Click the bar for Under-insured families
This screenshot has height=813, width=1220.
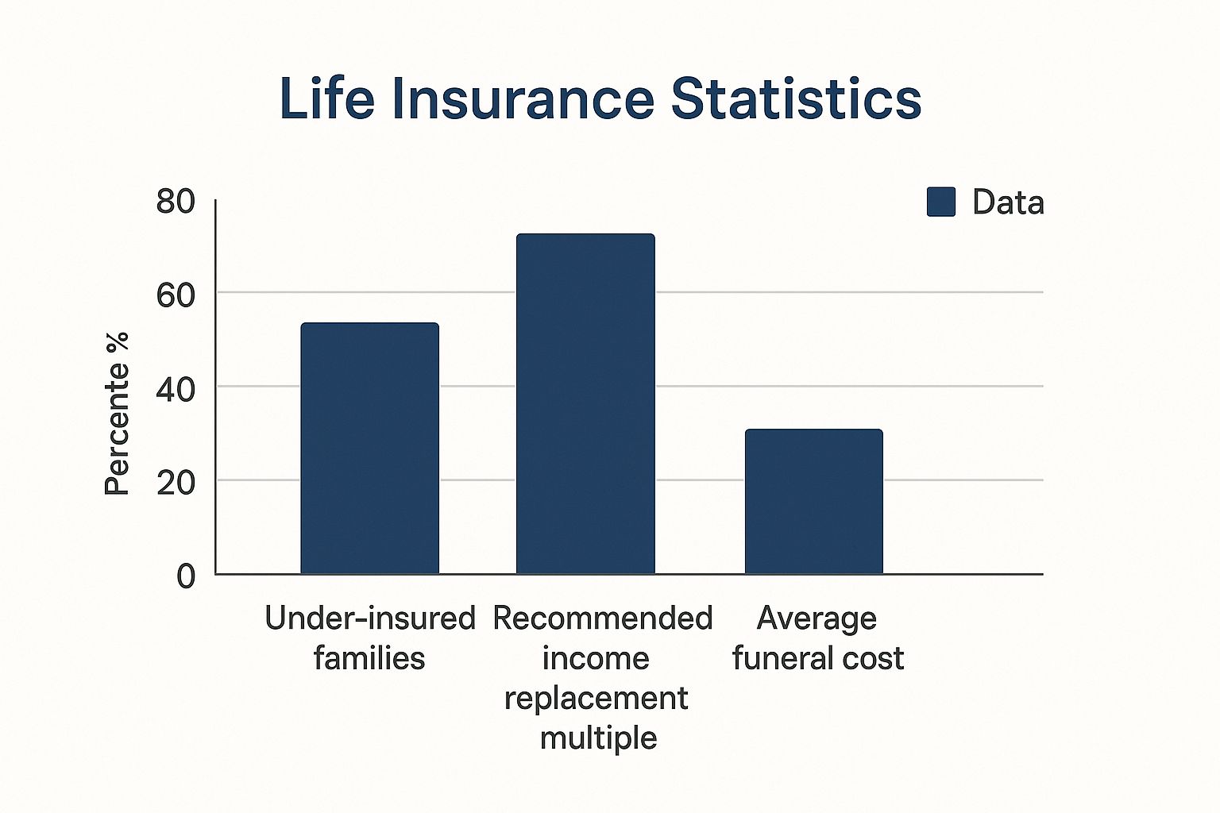pos(370,448)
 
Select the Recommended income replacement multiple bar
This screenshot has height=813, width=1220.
pos(585,403)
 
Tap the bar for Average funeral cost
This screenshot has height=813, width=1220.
pos(813,502)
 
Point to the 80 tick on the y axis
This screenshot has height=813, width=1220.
pos(176,202)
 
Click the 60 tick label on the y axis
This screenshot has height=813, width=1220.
pos(176,295)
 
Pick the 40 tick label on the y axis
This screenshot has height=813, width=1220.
pos(176,390)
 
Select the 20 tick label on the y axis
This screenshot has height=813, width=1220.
pos(176,484)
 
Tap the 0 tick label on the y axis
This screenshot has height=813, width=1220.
pos(186,576)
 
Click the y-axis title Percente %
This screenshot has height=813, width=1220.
pos(117,414)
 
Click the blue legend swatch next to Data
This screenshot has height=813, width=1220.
pos(941,202)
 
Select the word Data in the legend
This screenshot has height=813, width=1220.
pos(1008,202)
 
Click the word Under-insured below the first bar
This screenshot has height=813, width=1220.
pos(370,618)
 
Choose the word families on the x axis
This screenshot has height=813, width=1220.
pos(369,658)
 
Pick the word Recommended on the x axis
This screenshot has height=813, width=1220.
pos(603,618)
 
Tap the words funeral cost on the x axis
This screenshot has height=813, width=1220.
pos(818,658)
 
